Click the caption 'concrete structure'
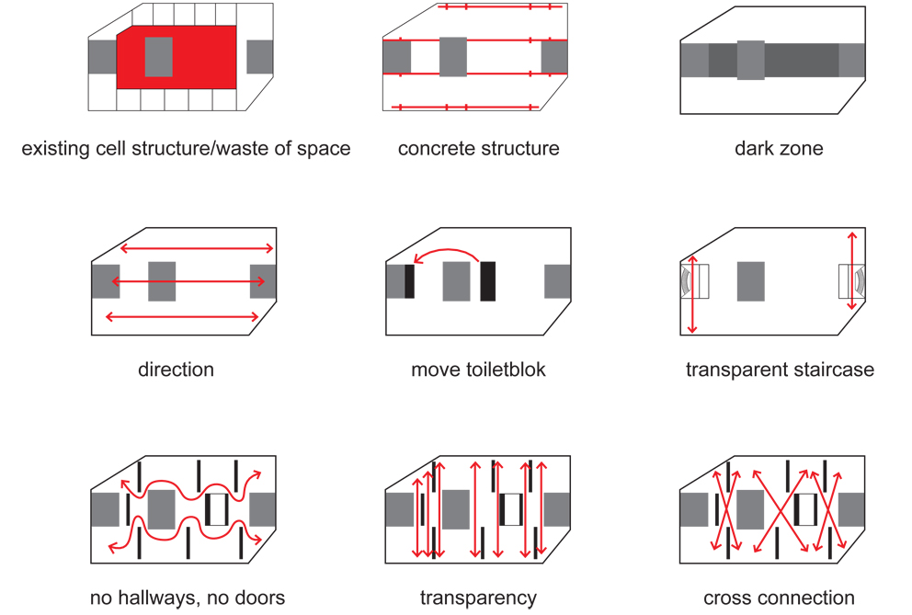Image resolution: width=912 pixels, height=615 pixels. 478,148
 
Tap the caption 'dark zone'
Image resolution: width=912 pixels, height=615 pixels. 779,148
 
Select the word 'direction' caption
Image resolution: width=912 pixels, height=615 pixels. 176,370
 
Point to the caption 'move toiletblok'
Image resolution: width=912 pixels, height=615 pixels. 478,370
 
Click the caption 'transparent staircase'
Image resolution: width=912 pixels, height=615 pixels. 780,370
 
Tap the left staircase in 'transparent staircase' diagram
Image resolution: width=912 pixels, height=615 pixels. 695,280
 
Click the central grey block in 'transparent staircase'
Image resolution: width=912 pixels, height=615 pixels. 750,280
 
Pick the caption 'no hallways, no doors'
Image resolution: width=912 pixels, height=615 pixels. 188,598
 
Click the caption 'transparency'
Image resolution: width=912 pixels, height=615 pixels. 478,598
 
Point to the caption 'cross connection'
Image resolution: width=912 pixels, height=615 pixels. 779,598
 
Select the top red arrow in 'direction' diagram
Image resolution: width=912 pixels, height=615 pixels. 198,248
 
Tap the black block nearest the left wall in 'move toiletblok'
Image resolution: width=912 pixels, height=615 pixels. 409,280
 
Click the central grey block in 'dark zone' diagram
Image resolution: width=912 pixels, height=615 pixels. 750,60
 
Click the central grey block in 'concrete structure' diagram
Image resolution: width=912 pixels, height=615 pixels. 453,57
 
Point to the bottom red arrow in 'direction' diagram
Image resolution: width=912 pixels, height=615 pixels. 182,317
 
